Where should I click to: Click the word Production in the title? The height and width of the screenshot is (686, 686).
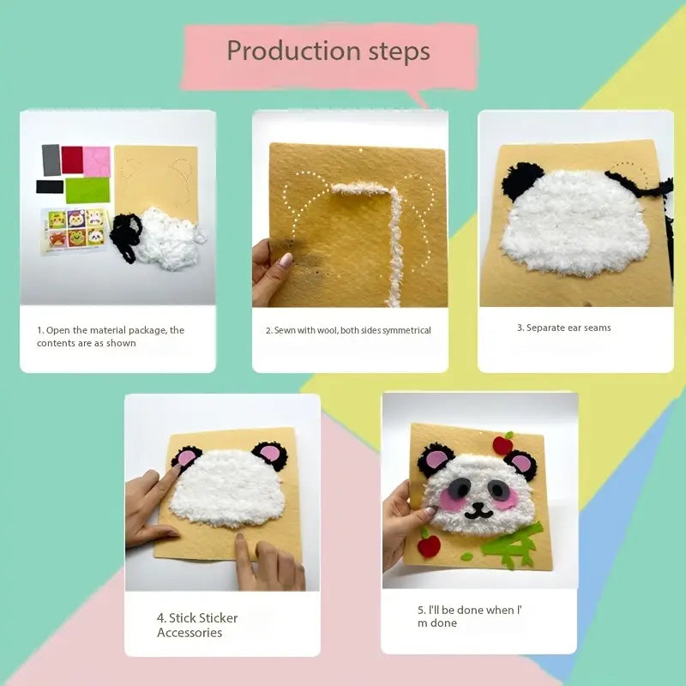[294, 51]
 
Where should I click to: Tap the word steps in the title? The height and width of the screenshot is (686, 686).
[399, 51]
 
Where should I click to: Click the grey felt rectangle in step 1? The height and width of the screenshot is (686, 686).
[51, 160]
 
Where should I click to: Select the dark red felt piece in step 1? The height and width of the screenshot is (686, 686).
[72, 159]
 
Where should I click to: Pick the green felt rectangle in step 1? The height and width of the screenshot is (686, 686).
[87, 190]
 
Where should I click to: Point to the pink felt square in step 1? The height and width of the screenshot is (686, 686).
[97, 161]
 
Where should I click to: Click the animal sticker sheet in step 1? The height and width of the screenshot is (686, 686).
[74, 230]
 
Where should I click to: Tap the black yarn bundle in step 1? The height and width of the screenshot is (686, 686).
[126, 238]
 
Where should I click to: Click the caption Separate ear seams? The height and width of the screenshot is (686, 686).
[564, 328]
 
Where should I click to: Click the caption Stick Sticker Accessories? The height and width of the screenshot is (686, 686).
[197, 625]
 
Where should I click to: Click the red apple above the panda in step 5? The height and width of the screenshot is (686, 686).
[502, 443]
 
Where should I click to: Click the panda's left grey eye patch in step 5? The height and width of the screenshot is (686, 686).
[458, 488]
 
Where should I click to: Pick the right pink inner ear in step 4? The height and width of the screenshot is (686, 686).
[270, 454]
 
